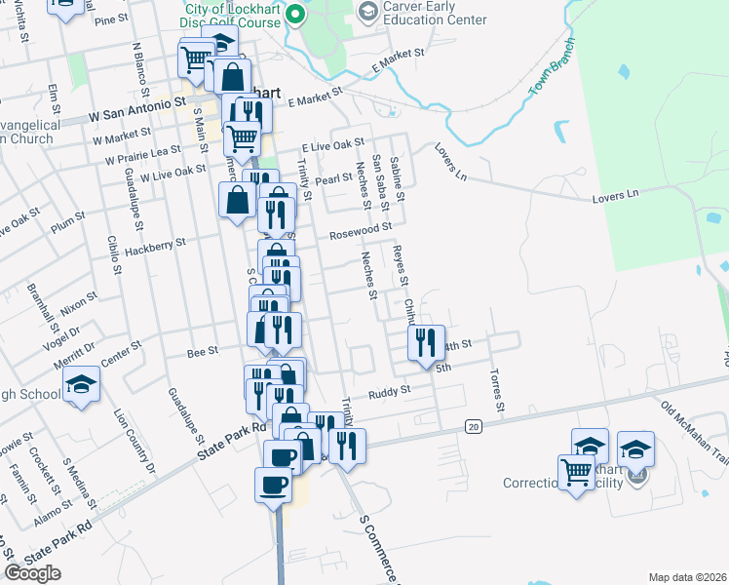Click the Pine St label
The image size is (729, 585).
112,19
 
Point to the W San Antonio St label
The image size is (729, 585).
136,108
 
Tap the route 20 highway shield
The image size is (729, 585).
474,426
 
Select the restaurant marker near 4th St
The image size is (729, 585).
426,342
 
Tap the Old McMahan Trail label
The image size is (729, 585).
694,419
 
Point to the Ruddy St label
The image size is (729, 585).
391,394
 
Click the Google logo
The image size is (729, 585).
32,573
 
